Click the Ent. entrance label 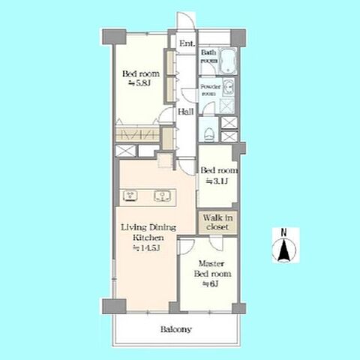pyautogui.click(x=187, y=44)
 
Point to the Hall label pyautogui.click(x=186, y=113)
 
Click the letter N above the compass pyautogui.click(x=284, y=232)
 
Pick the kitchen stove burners pyautogui.click(x=130, y=197)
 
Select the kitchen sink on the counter pyautogui.click(x=160, y=197)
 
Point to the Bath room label pyautogui.click(x=208, y=56)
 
